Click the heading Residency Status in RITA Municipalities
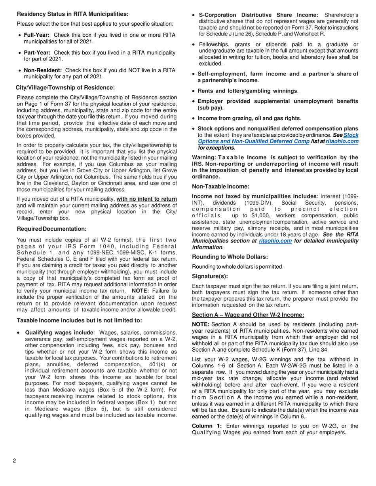(72, 14)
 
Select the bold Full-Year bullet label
(38, 35)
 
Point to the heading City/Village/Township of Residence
(65, 87)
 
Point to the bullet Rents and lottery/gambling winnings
(248, 91)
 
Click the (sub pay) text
(211, 107)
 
